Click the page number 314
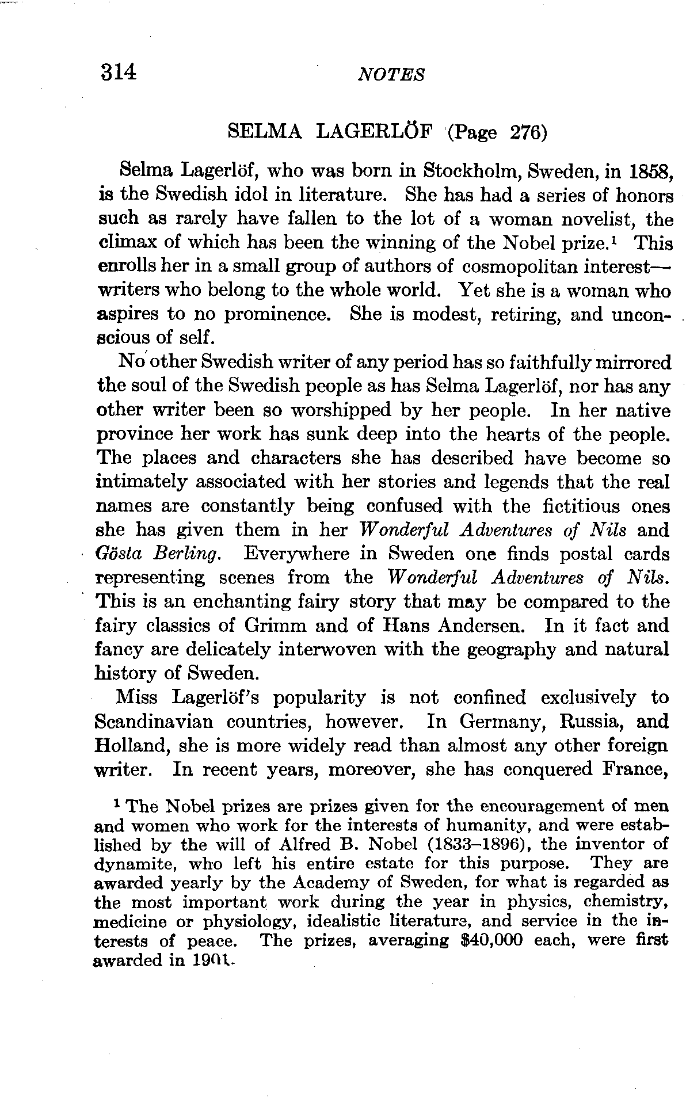click(119, 72)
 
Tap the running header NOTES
click(391, 74)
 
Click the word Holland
click(129, 746)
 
